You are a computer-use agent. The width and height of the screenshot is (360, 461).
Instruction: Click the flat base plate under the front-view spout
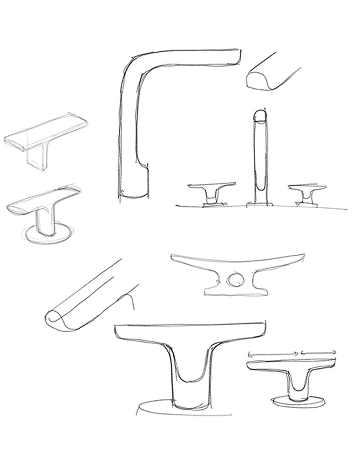259,205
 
